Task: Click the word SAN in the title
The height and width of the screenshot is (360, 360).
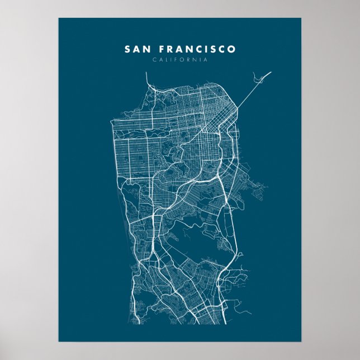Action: pyautogui.click(x=138, y=49)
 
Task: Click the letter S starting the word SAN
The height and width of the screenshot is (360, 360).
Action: pyautogui.click(x=127, y=49)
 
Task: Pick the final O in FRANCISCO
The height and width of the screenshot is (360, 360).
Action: pyautogui.click(x=232, y=49)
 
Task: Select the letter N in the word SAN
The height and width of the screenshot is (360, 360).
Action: pyautogui.click(x=147, y=49)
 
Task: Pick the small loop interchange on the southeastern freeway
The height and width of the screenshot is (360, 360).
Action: pyautogui.click(x=240, y=255)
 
